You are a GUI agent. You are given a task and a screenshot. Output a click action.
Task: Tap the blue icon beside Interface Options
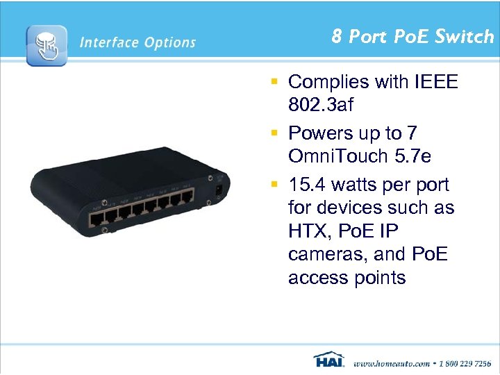pos(47,46)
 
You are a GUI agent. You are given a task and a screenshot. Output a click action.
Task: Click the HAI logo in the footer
pos(328,361)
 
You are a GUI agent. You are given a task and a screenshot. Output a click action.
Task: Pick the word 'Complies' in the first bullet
pos(328,82)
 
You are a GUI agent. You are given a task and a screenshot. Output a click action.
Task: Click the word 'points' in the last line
pos(376,278)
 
